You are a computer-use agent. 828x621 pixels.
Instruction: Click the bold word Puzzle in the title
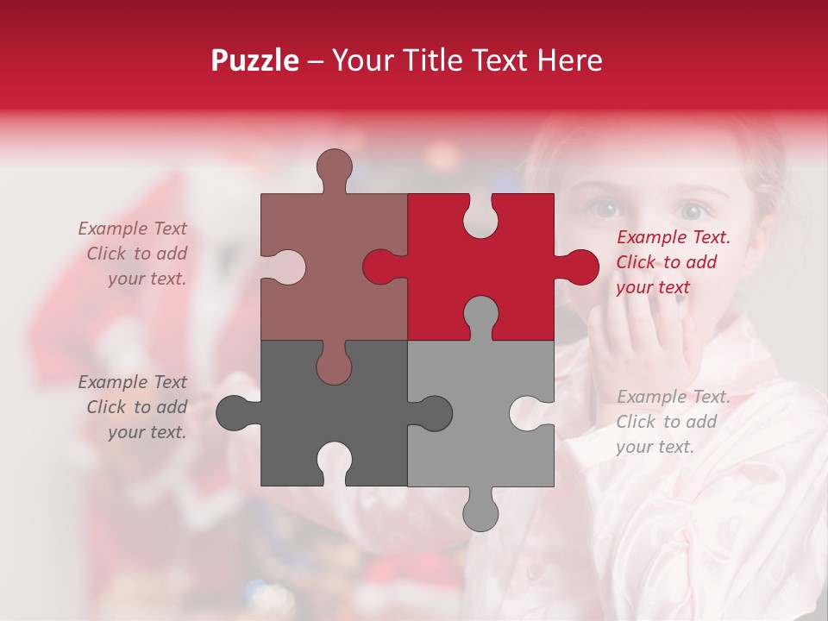(x=255, y=60)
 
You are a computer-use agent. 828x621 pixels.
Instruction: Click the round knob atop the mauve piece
(x=334, y=166)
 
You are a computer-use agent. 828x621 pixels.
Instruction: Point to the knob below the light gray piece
(x=480, y=511)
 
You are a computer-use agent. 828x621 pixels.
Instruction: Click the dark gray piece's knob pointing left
(x=234, y=412)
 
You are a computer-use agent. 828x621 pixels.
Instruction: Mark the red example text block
(x=673, y=262)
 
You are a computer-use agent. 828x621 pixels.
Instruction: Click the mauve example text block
(x=134, y=254)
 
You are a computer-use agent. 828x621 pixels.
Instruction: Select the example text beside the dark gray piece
(x=134, y=407)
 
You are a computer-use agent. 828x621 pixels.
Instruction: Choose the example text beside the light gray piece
(x=673, y=422)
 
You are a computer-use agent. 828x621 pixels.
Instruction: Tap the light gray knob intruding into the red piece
(x=480, y=314)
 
